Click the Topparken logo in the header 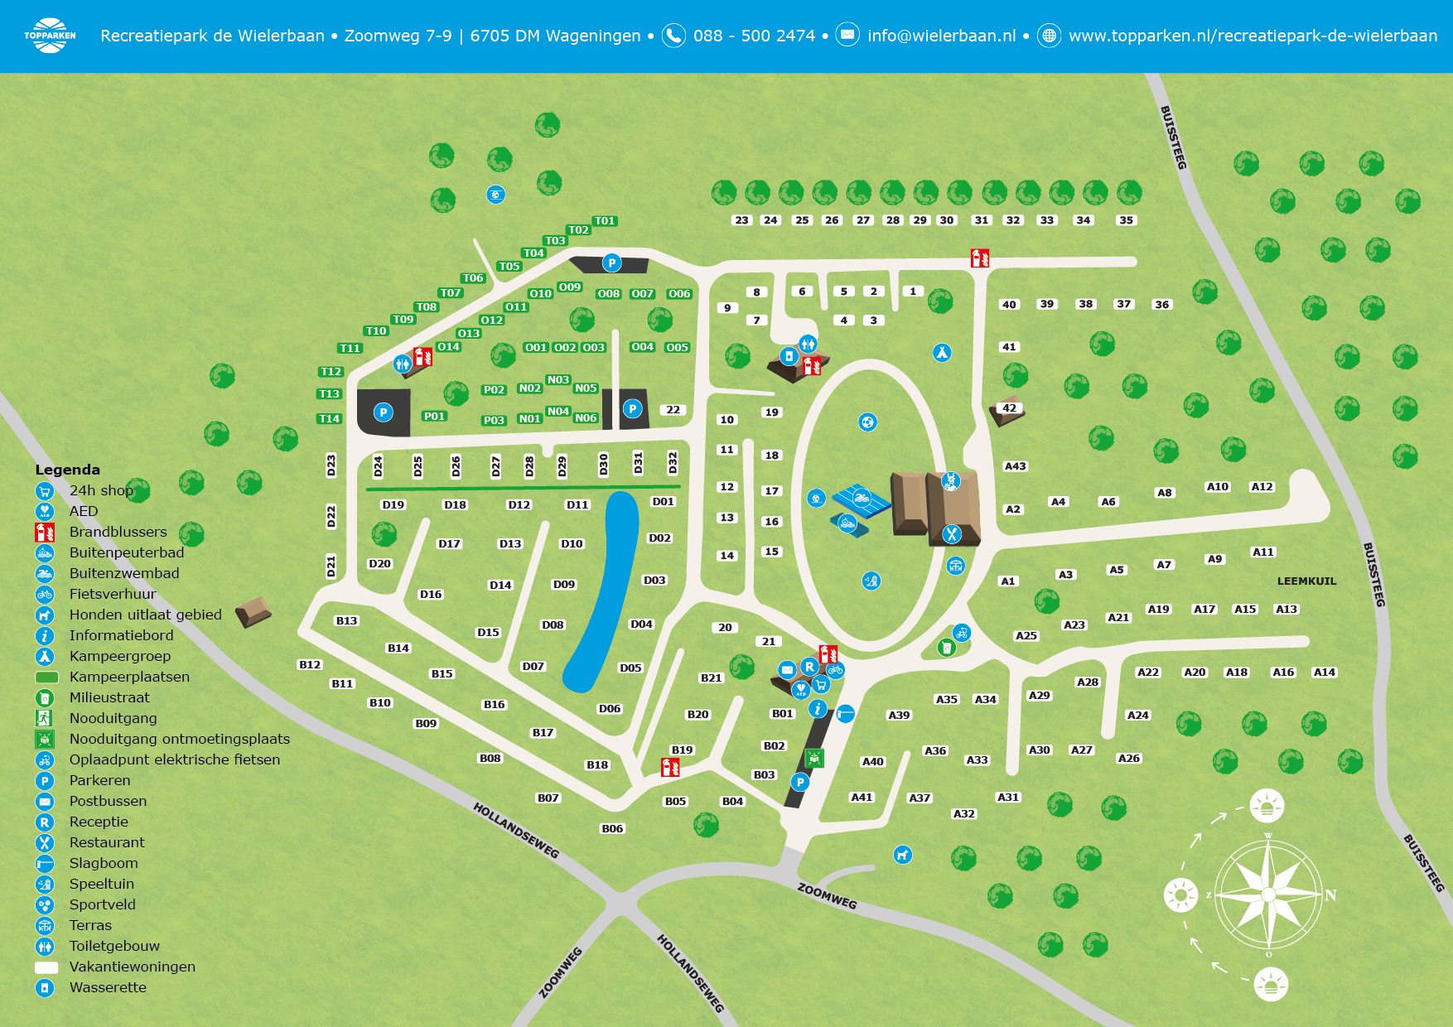(50, 36)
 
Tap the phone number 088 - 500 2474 (754, 36)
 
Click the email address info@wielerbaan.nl (941, 36)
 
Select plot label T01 (605, 221)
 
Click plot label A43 (1015, 466)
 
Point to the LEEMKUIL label (1306, 581)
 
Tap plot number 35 (1126, 220)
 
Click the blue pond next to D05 (602, 591)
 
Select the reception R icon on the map (809, 667)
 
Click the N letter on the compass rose (1330, 895)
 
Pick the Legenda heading (67, 470)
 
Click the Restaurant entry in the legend (107, 842)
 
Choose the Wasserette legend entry (108, 987)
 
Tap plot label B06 (612, 828)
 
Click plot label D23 (331, 465)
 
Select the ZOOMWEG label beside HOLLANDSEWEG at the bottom (561, 972)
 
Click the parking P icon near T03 (611, 263)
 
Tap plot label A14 (1324, 673)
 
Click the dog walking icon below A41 (903, 854)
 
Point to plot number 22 (673, 410)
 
